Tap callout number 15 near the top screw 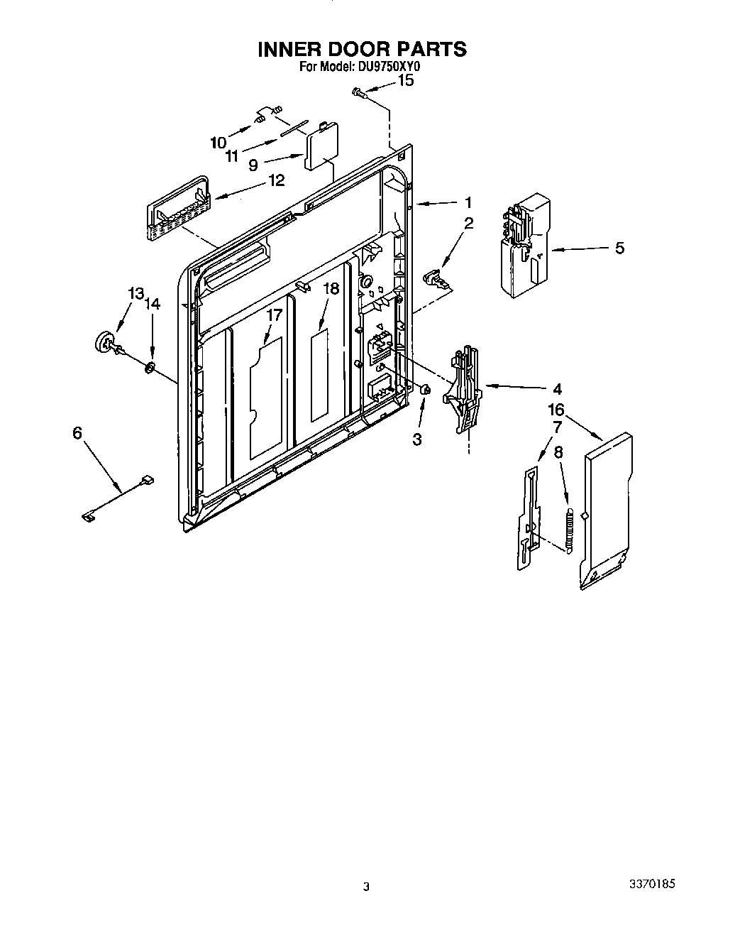coord(404,80)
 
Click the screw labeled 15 coord(358,92)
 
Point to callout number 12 coord(276,180)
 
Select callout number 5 coord(619,248)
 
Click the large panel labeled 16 coord(607,508)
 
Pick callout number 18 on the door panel coord(331,288)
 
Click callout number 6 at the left coord(77,432)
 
